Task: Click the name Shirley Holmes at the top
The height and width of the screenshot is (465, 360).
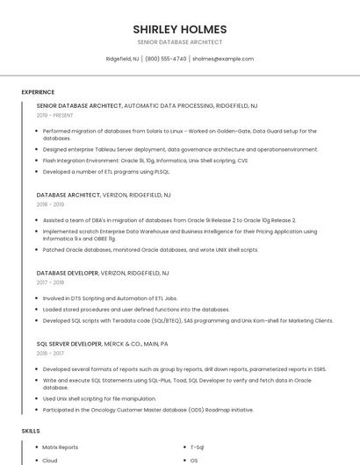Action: (x=179, y=29)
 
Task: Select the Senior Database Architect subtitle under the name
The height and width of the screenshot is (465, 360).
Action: (x=179, y=42)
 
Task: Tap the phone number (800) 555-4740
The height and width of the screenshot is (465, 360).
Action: (x=165, y=59)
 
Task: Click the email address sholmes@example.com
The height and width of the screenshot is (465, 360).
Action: (x=222, y=59)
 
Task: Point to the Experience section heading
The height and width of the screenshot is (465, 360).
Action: (x=38, y=91)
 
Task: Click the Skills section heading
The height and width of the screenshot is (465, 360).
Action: (x=31, y=431)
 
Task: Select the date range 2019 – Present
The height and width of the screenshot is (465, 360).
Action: (x=54, y=115)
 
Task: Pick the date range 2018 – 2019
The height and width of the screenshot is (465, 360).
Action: (x=50, y=204)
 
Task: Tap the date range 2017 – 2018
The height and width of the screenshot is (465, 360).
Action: (x=50, y=283)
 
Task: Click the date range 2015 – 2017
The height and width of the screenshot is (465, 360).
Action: (x=50, y=354)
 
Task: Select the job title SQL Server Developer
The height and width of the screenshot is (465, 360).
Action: (x=69, y=344)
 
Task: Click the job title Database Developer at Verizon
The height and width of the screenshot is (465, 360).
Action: (x=68, y=273)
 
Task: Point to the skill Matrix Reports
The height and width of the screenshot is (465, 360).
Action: (x=60, y=447)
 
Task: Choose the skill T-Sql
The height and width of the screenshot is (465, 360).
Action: (x=198, y=447)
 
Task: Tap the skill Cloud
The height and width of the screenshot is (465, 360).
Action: (x=50, y=460)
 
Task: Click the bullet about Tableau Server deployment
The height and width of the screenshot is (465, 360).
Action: (x=180, y=149)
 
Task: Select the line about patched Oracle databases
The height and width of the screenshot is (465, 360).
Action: (x=150, y=249)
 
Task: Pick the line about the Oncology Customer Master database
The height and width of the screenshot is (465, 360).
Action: (x=148, y=410)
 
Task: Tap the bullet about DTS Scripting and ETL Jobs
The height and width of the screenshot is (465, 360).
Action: (x=110, y=298)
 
